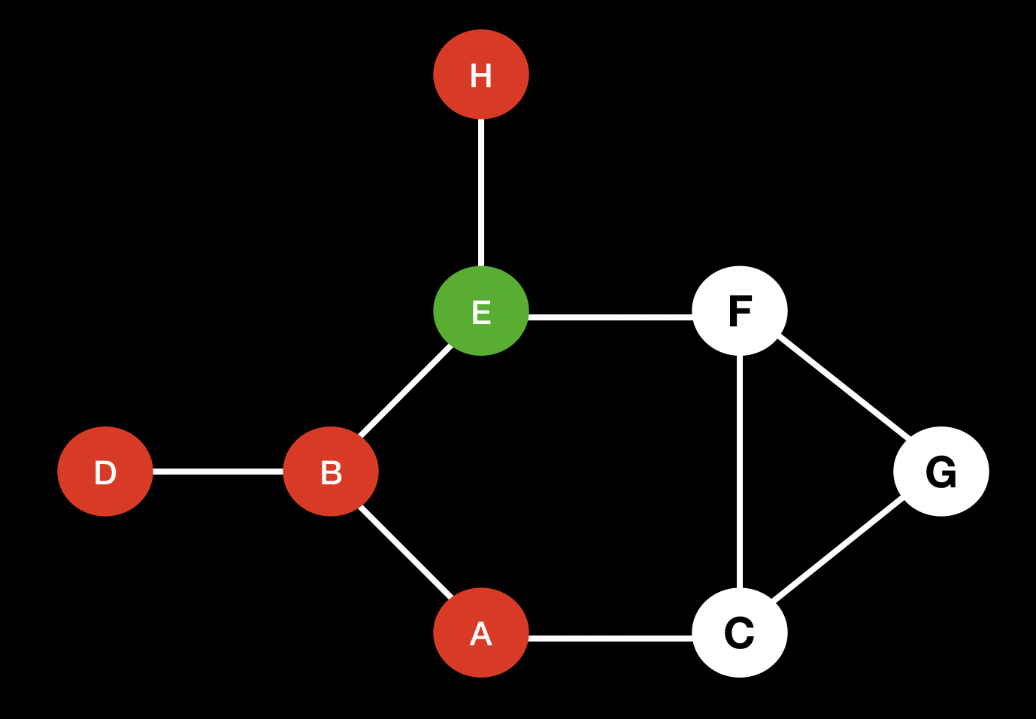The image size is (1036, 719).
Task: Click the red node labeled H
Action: click(481, 74)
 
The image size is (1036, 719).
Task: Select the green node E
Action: click(481, 311)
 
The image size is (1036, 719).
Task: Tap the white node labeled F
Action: click(740, 311)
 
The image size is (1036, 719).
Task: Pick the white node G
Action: click(941, 472)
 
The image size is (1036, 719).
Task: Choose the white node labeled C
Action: click(740, 633)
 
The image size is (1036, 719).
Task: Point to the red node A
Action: click(481, 633)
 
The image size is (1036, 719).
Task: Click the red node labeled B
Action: click(331, 472)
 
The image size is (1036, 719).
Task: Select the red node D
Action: click(105, 472)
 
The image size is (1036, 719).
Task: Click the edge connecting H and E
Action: click(481, 193)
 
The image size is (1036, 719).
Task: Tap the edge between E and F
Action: click(610, 317)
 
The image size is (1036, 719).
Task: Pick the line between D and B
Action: click(218, 472)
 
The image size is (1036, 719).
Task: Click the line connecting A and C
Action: click(610, 639)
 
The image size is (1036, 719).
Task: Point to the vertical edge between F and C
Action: click(741, 472)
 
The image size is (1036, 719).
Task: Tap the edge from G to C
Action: click(838, 550)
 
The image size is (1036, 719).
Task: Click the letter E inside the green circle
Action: click(481, 313)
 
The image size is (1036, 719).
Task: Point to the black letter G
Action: click(941, 473)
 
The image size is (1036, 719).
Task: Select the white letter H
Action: click(481, 76)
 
